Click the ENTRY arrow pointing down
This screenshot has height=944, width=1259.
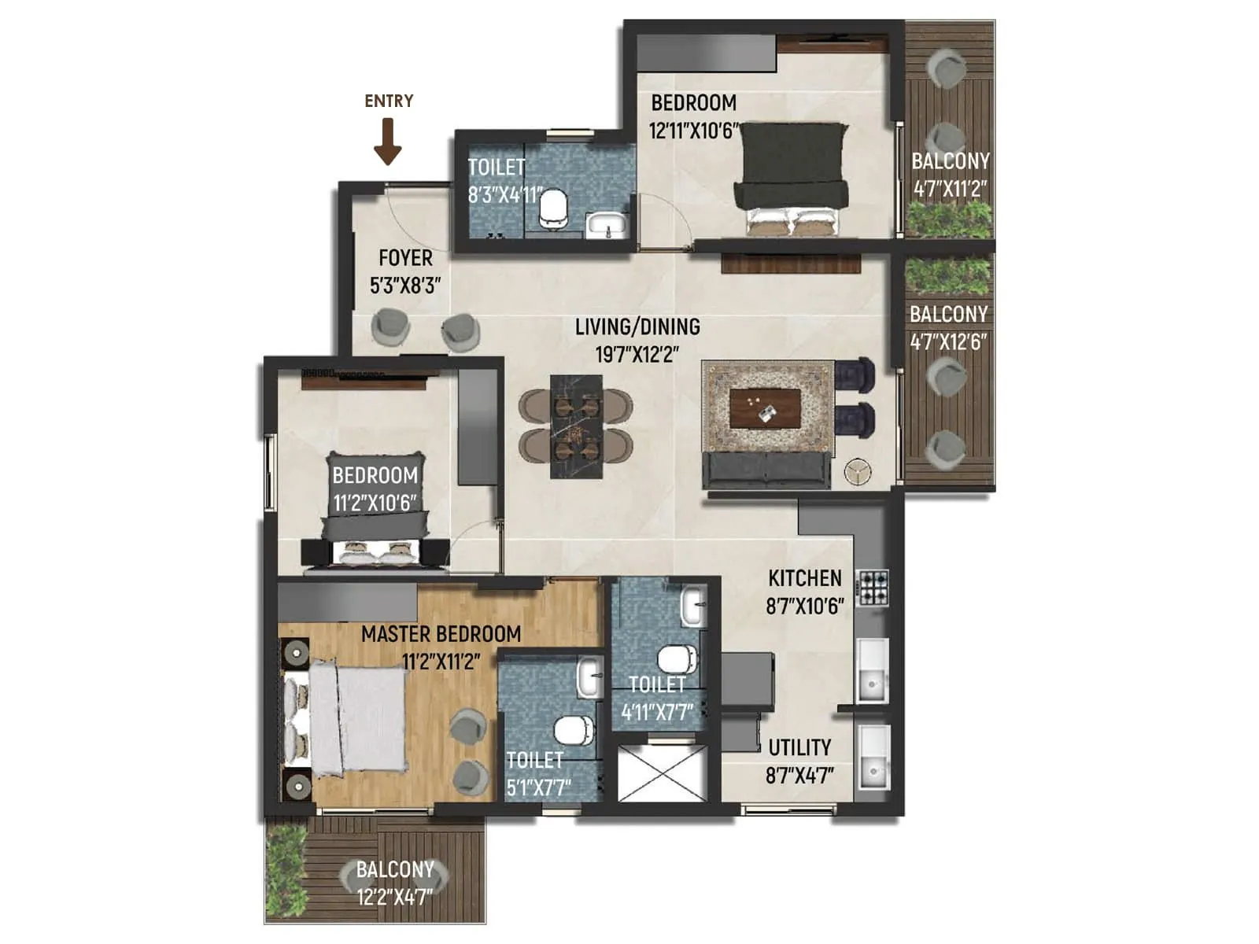coord(388,142)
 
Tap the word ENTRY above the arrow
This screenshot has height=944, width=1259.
coord(389,101)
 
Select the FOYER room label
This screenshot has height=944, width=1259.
coord(405,258)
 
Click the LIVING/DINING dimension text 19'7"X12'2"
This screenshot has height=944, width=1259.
coord(637,354)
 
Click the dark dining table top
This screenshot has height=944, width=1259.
coord(577,426)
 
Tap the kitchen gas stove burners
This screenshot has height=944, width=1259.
coord(872,587)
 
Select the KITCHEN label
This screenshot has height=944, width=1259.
coord(804,578)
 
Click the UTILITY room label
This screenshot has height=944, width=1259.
coord(799,747)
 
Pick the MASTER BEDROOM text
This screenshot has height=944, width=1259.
coord(441,634)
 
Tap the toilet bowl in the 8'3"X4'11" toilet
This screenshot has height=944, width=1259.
coord(554,208)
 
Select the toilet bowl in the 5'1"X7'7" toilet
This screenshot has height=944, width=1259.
coord(574,729)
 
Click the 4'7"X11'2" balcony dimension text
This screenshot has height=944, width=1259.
coord(950,189)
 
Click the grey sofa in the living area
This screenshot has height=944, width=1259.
coord(766,470)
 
